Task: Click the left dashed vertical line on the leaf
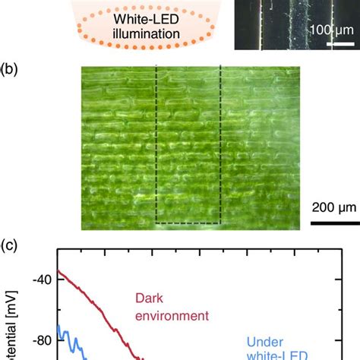156,144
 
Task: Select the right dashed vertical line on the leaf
220,144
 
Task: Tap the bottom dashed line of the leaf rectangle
188,224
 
